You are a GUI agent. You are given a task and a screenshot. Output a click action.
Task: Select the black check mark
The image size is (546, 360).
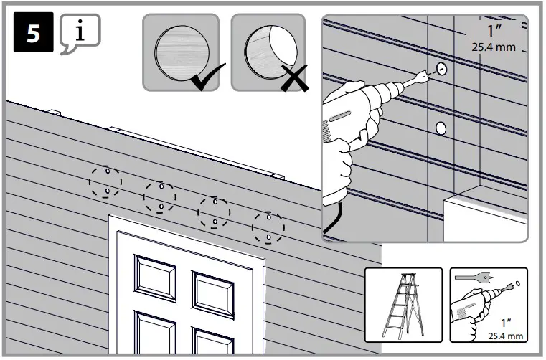[x=208, y=75]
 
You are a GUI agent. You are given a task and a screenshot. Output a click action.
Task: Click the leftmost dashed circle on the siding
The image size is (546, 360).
[x=105, y=181]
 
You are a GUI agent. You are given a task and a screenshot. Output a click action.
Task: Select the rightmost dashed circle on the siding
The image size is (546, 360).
[x=268, y=227]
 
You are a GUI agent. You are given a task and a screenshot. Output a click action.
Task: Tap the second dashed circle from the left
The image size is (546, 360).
[x=159, y=196]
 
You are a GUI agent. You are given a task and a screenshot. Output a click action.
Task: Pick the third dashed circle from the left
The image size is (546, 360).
[x=214, y=212]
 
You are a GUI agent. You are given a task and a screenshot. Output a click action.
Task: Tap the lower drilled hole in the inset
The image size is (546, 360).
[x=441, y=128]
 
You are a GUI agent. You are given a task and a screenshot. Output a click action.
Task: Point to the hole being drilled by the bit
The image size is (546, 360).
[x=441, y=69]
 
